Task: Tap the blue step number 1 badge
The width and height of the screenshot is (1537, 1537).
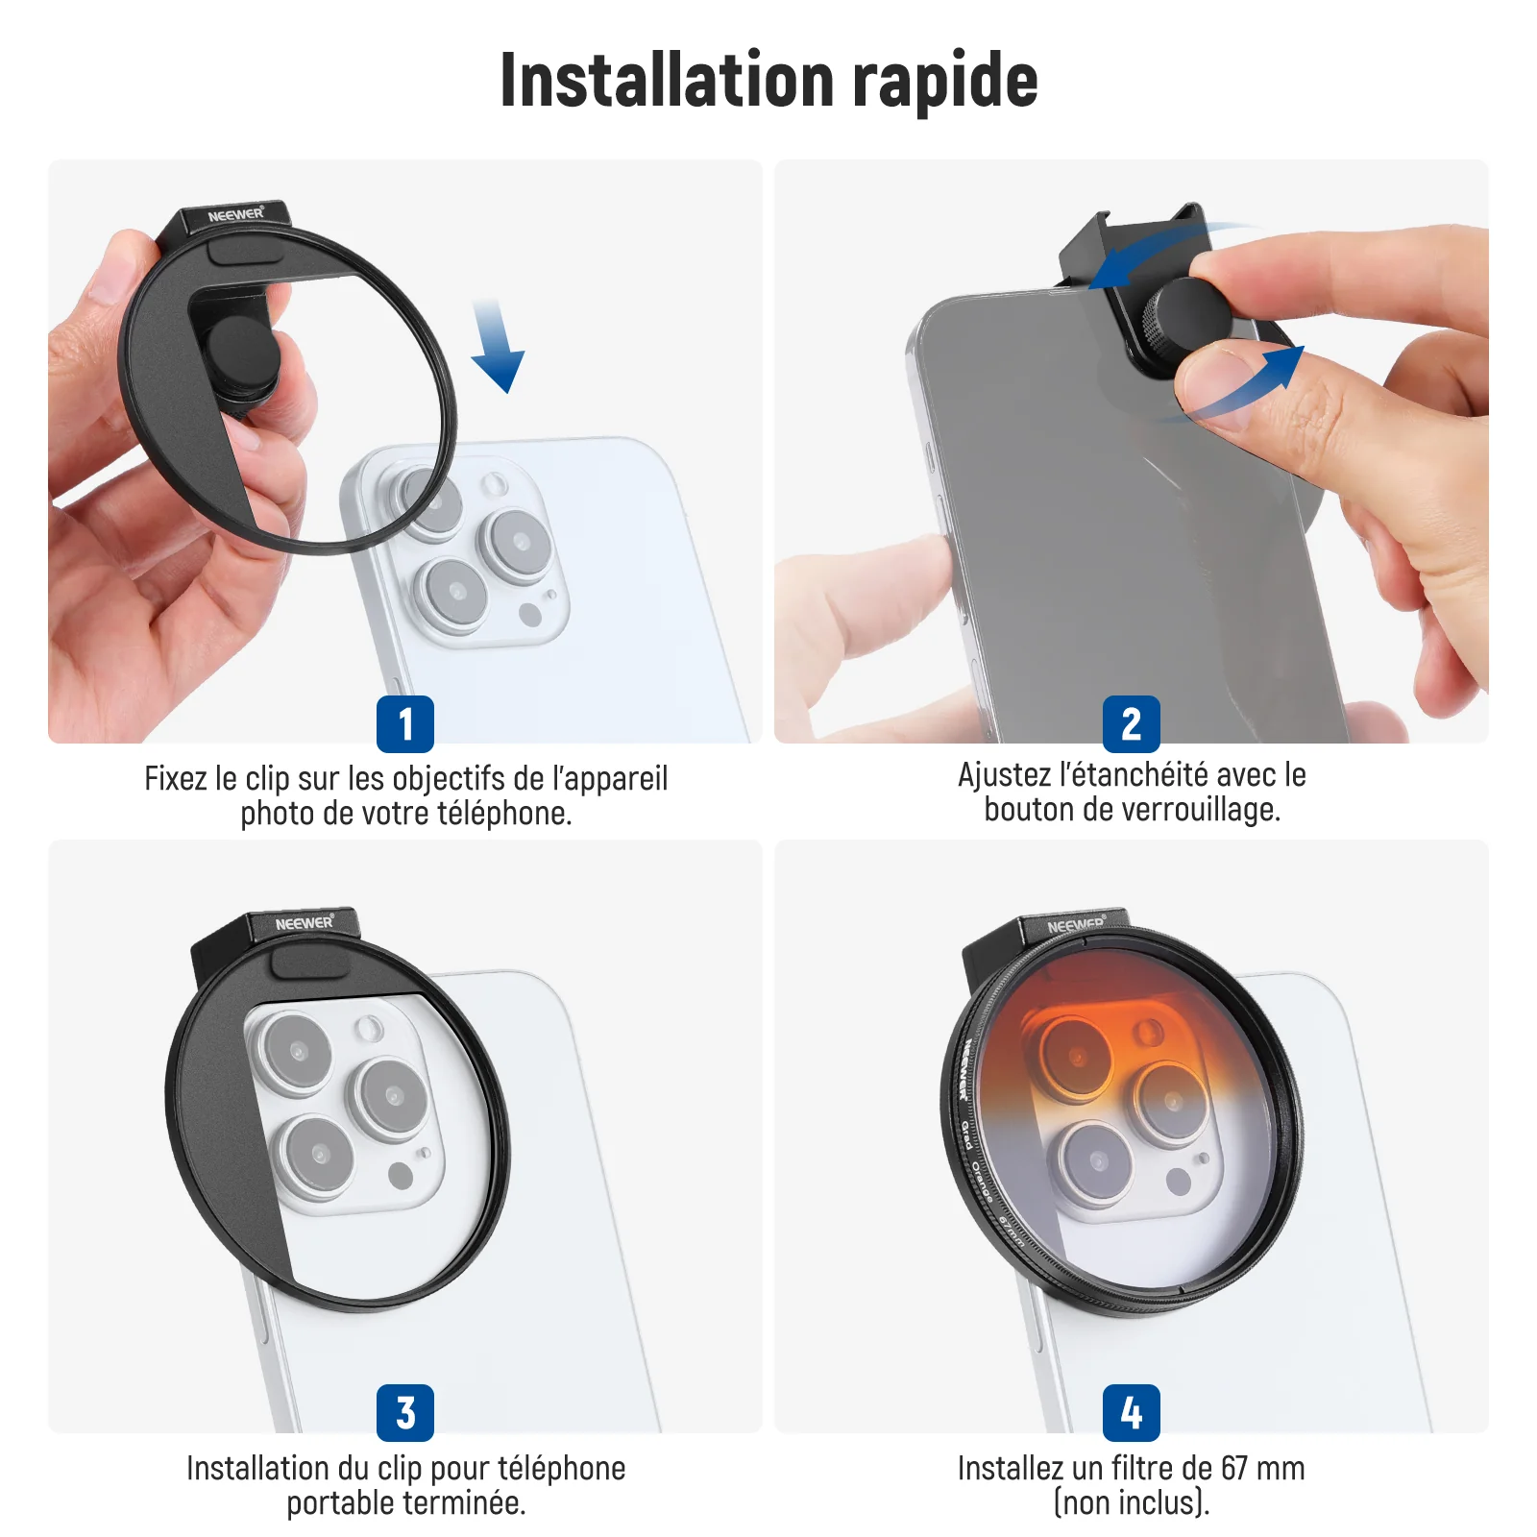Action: tap(405, 724)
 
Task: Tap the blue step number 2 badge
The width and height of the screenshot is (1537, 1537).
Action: tap(1132, 724)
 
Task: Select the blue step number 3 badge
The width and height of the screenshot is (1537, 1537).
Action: tap(405, 1413)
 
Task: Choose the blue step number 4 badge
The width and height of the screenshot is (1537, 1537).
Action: tap(1132, 1413)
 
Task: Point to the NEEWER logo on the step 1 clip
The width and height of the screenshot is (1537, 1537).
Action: tap(236, 214)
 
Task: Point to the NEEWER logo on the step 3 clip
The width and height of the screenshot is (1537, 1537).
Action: tap(305, 922)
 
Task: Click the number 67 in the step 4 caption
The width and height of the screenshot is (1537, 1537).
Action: tap(1234, 1468)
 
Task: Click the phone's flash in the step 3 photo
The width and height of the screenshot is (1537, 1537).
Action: tap(368, 1030)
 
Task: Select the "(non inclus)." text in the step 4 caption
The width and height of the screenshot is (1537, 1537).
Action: tap(1132, 1503)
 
